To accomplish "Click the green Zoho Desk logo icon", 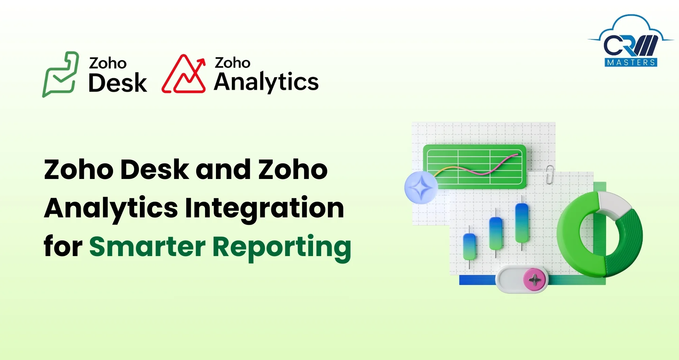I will click(60, 74).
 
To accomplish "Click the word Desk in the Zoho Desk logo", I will click(117, 83).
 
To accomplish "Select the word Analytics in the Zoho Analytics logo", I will click(266, 82).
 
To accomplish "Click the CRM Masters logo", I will click(631, 42).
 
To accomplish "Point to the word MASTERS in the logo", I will click(631, 62).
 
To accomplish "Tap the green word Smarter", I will click(147, 247).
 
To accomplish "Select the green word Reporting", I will click(281, 247).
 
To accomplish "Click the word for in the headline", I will click(63, 246).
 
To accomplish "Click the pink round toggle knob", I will click(534, 280).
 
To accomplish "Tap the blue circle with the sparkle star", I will click(421, 187).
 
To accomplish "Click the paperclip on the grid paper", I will click(549, 174).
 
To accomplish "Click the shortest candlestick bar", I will click(470, 247).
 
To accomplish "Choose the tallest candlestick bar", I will click(521, 222).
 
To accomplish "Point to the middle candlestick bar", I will click(495, 233).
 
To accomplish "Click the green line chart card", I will click(474, 166).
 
